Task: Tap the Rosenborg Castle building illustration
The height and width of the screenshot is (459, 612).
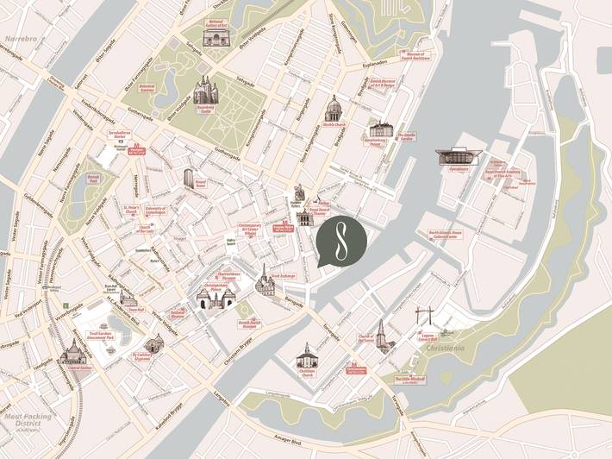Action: [205, 89]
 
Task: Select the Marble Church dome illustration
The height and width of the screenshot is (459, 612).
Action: [333, 110]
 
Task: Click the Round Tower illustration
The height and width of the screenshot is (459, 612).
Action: [188, 177]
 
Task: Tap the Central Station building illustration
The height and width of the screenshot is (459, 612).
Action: [75, 353]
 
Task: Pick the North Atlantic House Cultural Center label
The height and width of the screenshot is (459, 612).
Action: [451, 233]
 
